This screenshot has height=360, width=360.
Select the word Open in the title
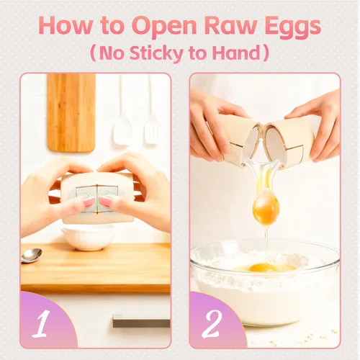(164, 27)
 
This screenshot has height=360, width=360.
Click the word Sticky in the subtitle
(156, 53)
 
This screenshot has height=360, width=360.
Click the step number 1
(41, 323)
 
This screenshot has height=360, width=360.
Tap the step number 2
(211, 323)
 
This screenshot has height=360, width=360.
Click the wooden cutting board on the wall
(71, 113)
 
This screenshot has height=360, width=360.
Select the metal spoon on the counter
(31, 255)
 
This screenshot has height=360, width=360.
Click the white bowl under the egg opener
(88, 238)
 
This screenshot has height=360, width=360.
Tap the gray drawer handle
(141, 321)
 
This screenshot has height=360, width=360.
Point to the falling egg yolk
(266, 208)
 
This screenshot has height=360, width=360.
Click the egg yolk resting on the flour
(262, 267)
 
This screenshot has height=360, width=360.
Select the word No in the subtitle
(112, 53)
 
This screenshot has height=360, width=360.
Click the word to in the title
(112, 27)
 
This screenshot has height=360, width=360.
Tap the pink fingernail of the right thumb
(105, 202)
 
